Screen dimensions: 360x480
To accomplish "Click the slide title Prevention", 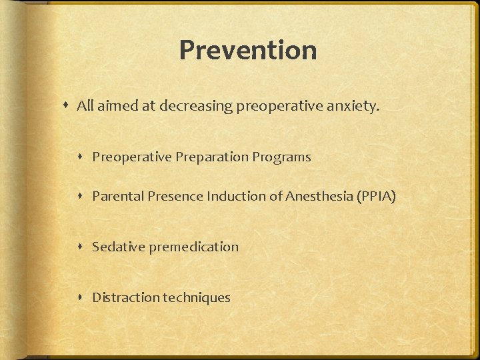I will [247, 50].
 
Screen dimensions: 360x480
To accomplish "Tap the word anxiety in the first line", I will [355, 105].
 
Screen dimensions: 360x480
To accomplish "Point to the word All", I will [85, 105].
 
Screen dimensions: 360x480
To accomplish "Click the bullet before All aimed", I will [67, 105].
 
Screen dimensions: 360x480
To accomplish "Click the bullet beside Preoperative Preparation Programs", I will [83, 157].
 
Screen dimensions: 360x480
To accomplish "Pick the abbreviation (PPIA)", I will [377, 196].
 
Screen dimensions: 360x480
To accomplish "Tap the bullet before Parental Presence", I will [83, 196].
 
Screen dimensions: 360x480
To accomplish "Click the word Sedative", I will [118, 247].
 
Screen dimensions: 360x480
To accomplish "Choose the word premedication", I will [193, 247].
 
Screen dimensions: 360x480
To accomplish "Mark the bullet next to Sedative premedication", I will [83, 247].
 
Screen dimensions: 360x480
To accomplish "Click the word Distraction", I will [125, 297].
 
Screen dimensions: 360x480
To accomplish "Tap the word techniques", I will [197, 297].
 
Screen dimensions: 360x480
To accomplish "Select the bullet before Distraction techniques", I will [83, 297].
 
